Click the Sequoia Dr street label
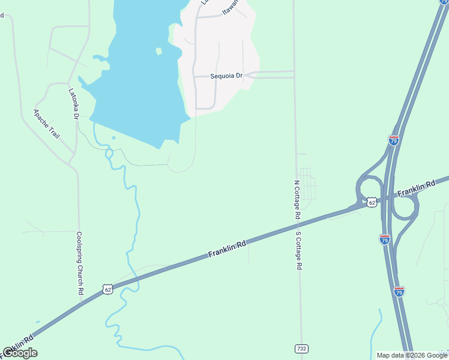pyautogui.click(x=226, y=76)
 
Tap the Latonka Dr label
pyautogui.click(x=74, y=103)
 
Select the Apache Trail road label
pyautogui.click(x=46, y=124)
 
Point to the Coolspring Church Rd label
pyautogui.click(x=79, y=262)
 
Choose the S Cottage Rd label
pyautogui.click(x=298, y=250)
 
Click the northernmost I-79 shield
pyautogui.click(x=394, y=140)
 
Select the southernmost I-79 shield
pyautogui.click(x=399, y=292)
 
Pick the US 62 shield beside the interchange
pyautogui.click(x=372, y=202)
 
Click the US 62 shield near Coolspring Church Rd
pyautogui.click(x=107, y=289)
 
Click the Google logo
pyautogui.click(x=20, y=353)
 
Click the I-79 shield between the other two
pyautogui.click(x=385, y=239)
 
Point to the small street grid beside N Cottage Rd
pyautogui.click(x=307, y=184)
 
